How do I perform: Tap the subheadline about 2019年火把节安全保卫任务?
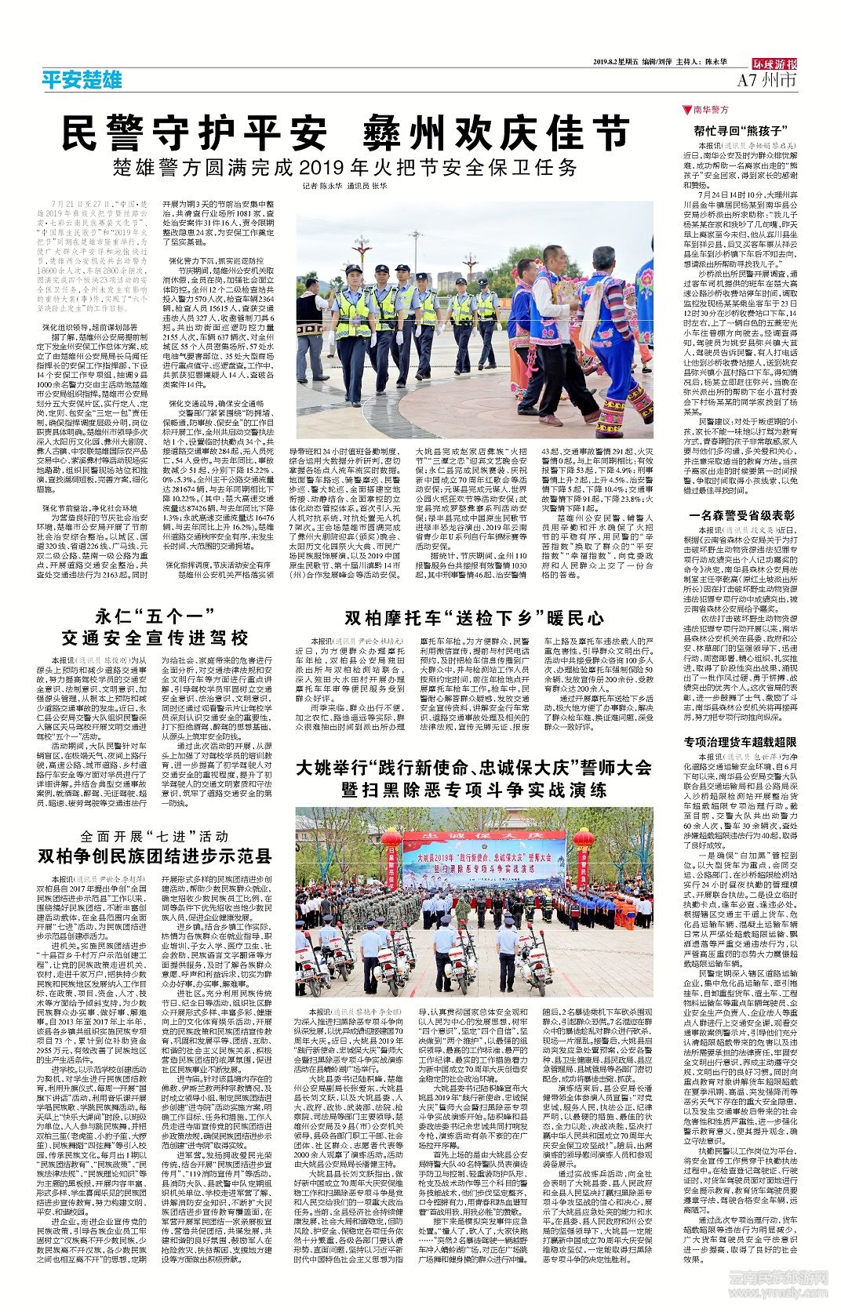pos(345,167)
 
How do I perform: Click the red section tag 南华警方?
pos(711,110)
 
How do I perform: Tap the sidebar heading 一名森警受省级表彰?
pos(741,515)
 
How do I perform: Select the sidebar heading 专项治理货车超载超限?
pos(741,742)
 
